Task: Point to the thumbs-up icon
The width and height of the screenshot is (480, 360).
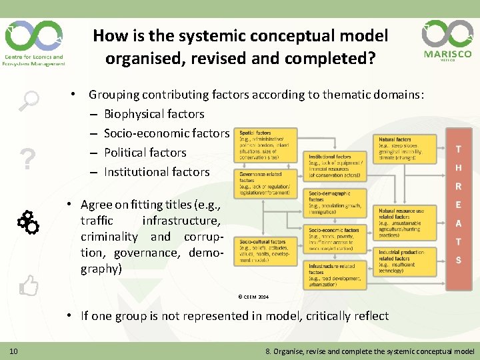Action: pos(29,286)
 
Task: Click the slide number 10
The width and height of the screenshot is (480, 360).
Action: pos(13,351)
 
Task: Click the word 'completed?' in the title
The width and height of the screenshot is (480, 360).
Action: pos(336,58)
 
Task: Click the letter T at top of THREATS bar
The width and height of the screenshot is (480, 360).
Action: pos(458,149)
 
